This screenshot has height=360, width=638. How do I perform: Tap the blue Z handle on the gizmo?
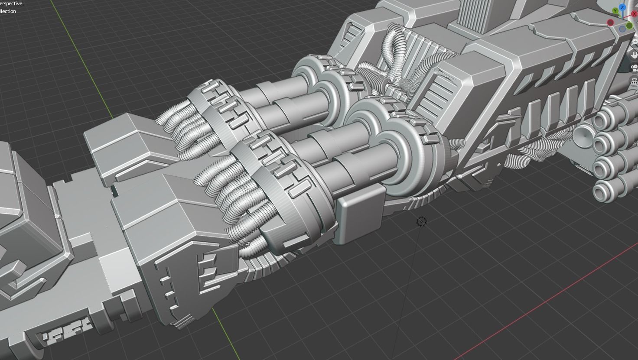[x=623, y=8]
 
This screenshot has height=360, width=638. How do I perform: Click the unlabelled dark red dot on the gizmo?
[x=611, y=23]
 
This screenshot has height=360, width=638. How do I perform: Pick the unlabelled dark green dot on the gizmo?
[x=629, y=26]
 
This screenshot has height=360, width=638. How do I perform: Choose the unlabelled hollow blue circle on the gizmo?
[x=622, y=29]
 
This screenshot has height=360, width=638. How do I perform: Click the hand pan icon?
[x=635, y=55]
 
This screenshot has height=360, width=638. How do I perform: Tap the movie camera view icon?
[x=635, y=68]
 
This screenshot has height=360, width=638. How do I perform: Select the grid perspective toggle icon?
[x=635, y=81]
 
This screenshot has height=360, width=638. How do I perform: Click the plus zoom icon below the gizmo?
[x=635, y=42]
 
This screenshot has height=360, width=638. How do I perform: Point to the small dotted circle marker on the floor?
[x=421, y=222]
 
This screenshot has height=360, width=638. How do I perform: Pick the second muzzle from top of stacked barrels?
[x=603, y=142]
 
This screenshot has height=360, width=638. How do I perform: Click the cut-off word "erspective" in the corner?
[x=11, y=3]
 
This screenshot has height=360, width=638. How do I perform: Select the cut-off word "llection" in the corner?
[x=8, y=11]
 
